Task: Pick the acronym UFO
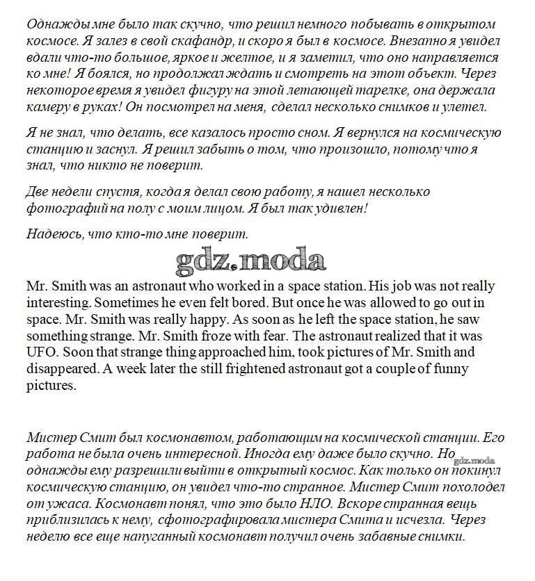click(x=41, y=353)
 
